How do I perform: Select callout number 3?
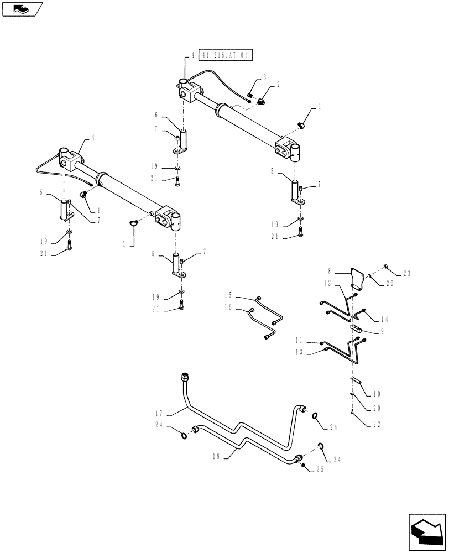tap(264, 78)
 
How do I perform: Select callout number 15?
tap(228, 295)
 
